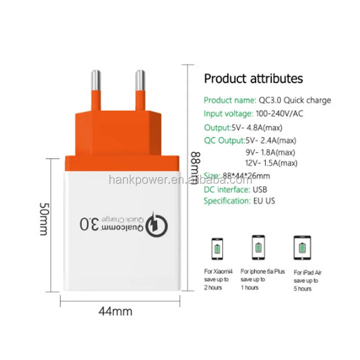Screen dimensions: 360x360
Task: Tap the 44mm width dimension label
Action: [115, 311]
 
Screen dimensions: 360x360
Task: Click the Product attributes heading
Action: [253, 78]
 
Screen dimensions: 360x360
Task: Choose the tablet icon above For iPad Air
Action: [303, 248]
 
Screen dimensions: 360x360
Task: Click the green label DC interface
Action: [227, 189]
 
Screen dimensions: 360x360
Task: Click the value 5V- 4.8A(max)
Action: [264, 127]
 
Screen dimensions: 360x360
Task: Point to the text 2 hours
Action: [213, 288]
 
